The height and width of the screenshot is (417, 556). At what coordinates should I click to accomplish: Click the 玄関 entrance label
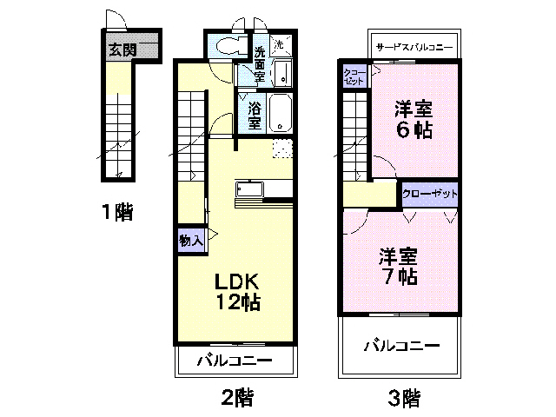(x=122, y=50)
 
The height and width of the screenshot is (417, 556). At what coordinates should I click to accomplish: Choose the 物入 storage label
(x=190, y=241)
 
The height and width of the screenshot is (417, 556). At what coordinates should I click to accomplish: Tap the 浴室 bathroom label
(x=254, y=116)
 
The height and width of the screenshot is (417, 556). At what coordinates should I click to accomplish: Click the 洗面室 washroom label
(x=259, y=63)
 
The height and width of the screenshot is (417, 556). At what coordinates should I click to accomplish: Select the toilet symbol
(x=228, y=47)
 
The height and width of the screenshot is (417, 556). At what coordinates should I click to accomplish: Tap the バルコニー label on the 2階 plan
(x=234, y=361)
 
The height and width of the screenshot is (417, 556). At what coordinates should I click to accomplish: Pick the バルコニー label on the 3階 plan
(x=400, y=345)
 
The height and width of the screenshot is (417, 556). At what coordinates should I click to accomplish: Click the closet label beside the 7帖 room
(x=429, y=193)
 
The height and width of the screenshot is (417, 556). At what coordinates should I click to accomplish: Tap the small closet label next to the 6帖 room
(x=354, y=76)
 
